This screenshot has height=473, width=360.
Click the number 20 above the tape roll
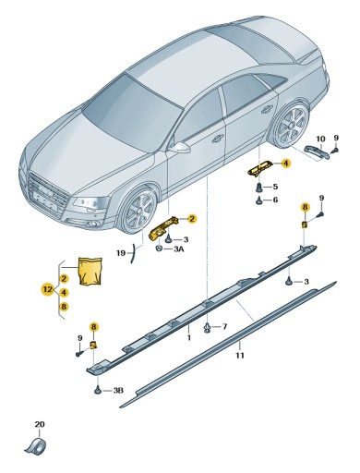point(39,425)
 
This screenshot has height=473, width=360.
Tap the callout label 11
point(239,356)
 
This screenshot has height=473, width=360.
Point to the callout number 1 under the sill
point(189,339)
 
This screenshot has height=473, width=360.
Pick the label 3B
point(117,391)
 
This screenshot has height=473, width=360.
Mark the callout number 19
point(120,252)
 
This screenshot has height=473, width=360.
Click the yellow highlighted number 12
point(46,289)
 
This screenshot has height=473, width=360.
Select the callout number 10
point(320,139)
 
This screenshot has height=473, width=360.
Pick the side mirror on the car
point(181,147)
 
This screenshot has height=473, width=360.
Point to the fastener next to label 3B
point(98,391)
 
